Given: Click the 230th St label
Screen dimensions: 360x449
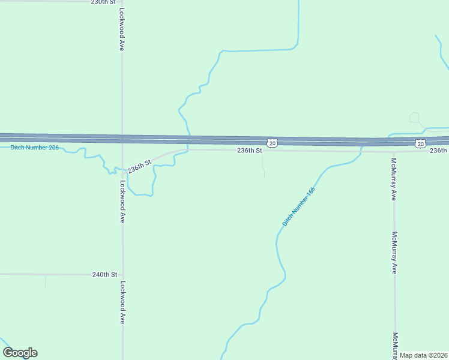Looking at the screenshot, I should coord(103,2).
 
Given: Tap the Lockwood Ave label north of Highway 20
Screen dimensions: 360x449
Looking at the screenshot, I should coord(122,29).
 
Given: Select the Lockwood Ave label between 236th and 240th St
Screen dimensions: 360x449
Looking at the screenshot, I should coord(122,202).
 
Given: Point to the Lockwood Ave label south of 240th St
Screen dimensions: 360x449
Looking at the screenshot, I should coord(122,303).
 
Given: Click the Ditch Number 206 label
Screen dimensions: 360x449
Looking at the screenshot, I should coord(34,148).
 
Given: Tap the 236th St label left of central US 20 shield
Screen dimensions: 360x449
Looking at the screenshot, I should coord(249,151).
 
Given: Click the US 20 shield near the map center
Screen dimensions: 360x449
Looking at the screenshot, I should coord(273,143).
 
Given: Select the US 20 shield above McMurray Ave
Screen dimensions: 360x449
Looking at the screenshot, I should coord(420,143).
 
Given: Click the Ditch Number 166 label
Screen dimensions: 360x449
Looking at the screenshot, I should coord(299,207).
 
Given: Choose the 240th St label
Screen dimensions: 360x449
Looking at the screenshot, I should coord(104,274).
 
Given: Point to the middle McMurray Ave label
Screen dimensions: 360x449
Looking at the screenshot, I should coord(394,253).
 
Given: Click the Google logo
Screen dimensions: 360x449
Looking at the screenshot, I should coord(20,353).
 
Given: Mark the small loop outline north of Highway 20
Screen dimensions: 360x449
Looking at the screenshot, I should coord(414,118).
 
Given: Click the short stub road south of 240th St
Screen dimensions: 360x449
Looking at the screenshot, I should coord(46,282).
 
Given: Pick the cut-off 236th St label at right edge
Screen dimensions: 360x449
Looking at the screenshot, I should coord(439,150).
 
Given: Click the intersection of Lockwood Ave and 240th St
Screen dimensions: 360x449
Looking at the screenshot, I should coord(122,274).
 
